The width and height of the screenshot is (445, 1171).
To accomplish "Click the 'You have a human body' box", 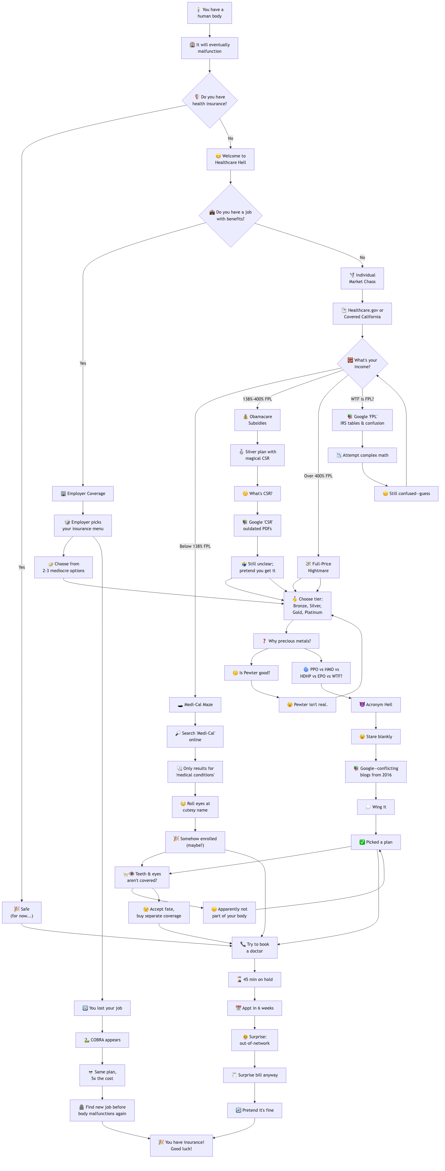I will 209,13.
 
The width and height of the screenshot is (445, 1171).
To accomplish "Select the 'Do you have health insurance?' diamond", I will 209,100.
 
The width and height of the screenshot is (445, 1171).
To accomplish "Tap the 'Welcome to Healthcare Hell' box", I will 230,159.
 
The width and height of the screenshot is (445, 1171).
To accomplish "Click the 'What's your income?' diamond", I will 362,363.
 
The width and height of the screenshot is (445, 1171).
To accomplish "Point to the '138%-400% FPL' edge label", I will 257,399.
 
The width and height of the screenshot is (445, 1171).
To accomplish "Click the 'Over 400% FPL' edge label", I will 318,476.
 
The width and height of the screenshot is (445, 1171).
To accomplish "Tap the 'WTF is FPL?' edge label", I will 362,399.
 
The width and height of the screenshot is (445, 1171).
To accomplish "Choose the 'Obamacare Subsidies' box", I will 257,420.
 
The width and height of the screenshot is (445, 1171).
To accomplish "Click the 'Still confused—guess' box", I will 406,493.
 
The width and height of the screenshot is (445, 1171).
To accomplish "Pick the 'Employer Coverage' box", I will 83,493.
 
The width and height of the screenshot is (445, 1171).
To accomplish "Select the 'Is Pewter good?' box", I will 251,673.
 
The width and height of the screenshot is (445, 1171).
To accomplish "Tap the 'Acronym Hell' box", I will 375,705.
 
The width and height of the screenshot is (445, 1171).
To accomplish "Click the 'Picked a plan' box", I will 375,842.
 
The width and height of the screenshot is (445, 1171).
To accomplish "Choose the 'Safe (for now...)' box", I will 21,912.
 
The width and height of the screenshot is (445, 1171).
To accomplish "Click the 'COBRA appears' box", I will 102,1040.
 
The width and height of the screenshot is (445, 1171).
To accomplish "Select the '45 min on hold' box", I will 254,979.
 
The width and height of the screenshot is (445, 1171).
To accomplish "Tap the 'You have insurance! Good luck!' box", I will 181,1145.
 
